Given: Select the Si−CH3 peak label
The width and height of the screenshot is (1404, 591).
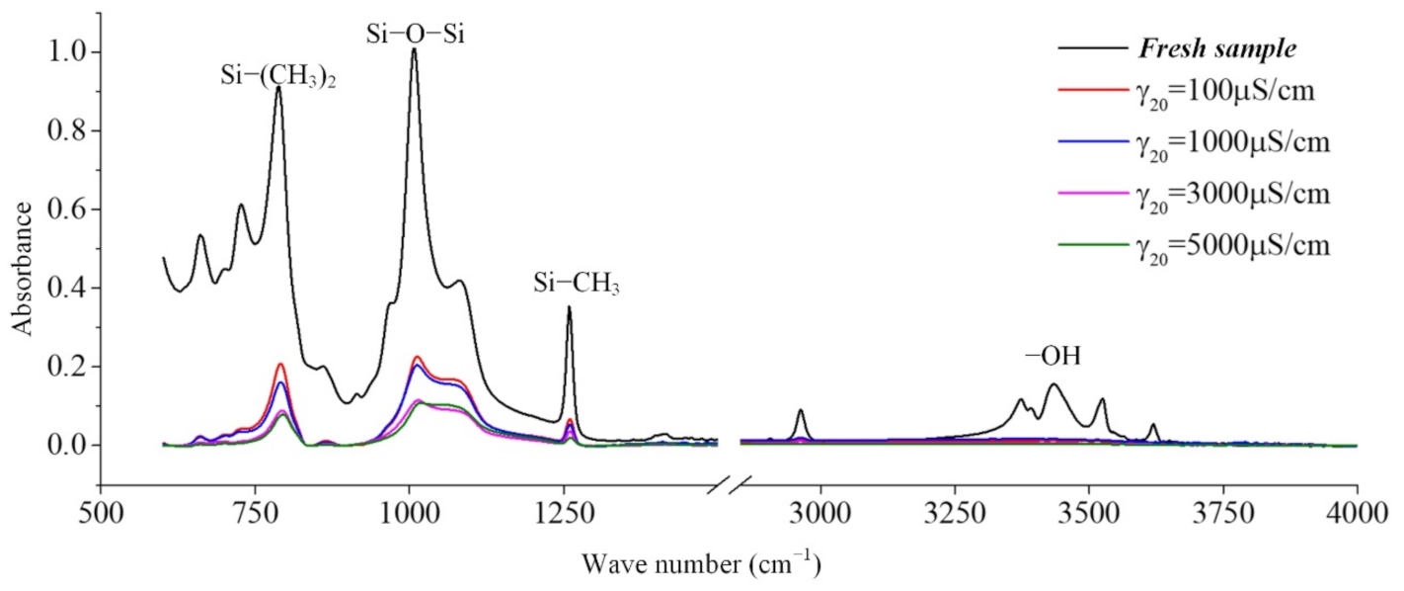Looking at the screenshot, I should pos(577,286).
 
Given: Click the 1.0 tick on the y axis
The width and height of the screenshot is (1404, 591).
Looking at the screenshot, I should pos(63,51).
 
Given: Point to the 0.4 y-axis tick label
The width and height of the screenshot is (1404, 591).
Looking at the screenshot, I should pos(63,288).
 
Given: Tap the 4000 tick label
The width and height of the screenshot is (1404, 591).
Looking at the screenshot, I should pos(1357,521).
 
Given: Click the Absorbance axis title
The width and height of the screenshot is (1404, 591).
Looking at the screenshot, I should pos(25,268).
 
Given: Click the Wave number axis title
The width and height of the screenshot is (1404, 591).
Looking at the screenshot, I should pos(701,564).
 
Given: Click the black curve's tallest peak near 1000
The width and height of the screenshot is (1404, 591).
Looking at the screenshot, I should pos(414,49).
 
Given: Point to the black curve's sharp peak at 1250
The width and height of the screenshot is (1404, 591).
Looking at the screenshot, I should pos(569,307).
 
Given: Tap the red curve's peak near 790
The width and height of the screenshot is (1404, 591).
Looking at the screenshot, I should pos(280,364).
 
